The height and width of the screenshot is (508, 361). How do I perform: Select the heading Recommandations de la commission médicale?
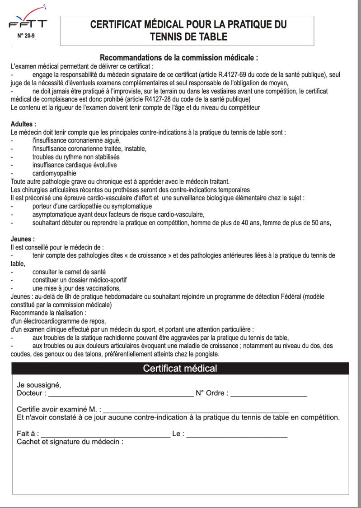(x=179, y=58)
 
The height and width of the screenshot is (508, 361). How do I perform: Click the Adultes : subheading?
(x=23, y=123)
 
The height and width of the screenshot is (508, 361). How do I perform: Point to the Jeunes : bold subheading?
(x=23, y=239)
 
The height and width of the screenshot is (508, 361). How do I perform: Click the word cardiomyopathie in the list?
(x=54, y=173)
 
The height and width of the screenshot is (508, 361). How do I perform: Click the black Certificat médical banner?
(x=180, y=368)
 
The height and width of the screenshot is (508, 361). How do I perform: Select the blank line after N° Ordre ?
(x=269, y=393)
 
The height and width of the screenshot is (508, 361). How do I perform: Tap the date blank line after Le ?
(x=237, y=434)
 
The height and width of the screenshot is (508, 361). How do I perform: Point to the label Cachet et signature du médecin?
(x=70, y=442)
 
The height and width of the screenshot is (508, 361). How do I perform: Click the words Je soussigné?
(x=38, y=385)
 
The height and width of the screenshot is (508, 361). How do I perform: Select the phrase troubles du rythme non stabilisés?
(x=75, y=157)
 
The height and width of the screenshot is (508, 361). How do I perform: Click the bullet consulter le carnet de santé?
(x=69, y=272)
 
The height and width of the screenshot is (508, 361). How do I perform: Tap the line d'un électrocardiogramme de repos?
(x=58, y=321)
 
